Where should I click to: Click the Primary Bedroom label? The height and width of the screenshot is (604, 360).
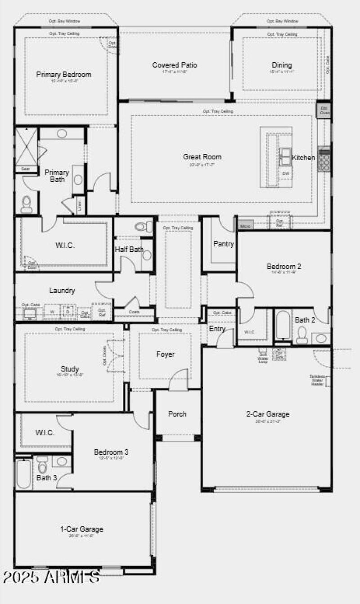tap(63, 74)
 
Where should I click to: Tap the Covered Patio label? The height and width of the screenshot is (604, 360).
tap(175, 65)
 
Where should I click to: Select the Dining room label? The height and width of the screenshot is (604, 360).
tap(282, 65)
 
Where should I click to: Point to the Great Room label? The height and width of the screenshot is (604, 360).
tap(202, 157)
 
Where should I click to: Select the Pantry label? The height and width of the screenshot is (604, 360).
tap(223, 244)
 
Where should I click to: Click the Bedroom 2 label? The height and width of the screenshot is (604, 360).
tap(284, 266)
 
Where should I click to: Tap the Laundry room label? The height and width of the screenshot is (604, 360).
tap(62, 291)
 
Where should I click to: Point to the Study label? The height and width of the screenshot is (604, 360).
tap(70, 369)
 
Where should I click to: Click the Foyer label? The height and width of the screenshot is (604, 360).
tap(165, 354)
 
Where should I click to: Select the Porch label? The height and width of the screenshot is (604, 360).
tap(177, 414)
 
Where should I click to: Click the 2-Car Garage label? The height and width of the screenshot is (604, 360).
tap(268, 414)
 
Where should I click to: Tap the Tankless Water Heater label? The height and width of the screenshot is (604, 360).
tap(317, 380)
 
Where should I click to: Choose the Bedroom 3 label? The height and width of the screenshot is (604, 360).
tap(111, 452)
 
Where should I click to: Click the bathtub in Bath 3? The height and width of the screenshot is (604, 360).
tap(24, 474)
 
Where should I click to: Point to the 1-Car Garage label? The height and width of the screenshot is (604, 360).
tap(81, 529)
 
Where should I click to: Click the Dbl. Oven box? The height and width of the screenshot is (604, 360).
tap(324, 110)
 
